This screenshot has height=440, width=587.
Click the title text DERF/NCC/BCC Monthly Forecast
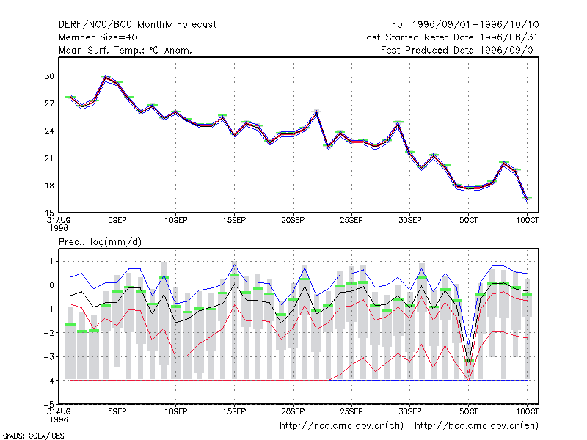(137, 25)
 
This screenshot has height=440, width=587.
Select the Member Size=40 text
(98, 37)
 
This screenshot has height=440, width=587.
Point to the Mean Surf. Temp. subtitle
(125, 50)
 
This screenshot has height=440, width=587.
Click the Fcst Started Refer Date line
(449, 37)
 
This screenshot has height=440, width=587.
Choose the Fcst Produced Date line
(459, 50)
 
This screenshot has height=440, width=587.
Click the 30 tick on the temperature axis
(49, 76)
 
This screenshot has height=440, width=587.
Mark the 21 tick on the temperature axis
(49, 158)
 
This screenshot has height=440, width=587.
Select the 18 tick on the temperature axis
(49, 186)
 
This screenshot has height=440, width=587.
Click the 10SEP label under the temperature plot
(176, 220)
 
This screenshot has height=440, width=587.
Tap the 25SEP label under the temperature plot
(351, 220)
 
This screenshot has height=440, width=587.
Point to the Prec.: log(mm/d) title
(100, 242)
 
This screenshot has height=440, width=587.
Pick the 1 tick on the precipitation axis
(51, 261)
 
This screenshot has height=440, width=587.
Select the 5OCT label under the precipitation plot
(468, 411)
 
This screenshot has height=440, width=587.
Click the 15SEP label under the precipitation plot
(234, 411)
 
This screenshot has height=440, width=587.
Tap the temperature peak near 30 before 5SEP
(106, 77)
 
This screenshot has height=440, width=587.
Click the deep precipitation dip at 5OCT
(468, 378)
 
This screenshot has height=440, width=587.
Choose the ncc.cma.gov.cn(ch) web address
(341, 426)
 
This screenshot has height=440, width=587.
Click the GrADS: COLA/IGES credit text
(33, 436)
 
